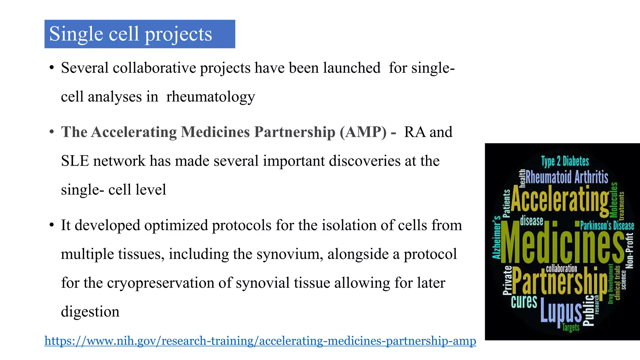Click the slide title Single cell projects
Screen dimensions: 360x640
(131, 34)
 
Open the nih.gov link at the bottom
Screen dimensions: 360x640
(260, 340)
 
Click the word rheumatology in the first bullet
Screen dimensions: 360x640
(211, 97)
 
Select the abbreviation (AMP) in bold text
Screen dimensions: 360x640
(363, 132)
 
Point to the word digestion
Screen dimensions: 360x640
(90, 312)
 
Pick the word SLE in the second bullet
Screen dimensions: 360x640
(75, 161)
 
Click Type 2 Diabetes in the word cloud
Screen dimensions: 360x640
(565, 162)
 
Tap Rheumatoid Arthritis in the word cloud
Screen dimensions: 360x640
(567, 177)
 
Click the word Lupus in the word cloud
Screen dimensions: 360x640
(561, 310)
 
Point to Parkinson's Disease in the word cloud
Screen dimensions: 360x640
(607, 226)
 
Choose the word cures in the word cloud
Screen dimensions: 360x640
(524, 302)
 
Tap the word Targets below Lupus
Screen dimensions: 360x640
(571, 327)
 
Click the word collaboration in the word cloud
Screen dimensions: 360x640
(561, 268)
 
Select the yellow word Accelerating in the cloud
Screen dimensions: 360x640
(559, 199)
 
